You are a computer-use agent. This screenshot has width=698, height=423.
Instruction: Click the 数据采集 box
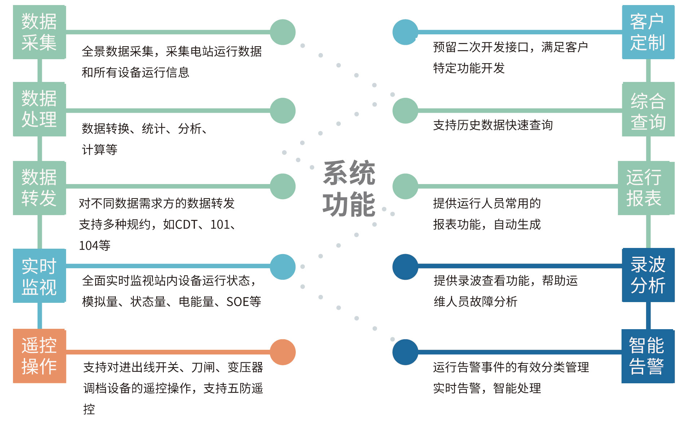(x=39, y=32)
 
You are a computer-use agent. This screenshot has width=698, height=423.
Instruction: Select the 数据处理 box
(x=39, y=109)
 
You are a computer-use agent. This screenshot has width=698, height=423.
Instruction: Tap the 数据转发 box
(x=39, y=188)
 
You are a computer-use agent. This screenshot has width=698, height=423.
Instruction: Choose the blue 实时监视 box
(x=39, y=276)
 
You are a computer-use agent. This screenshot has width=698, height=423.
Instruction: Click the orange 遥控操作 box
(x=39, y=356)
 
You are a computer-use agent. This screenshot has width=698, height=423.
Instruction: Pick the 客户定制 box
(x=648, y=32)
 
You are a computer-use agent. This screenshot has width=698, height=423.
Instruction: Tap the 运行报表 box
(x=644, y=188)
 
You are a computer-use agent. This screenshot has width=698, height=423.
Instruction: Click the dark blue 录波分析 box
(x=648, y=275)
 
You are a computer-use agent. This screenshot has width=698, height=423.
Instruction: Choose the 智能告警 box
(x=647, y=356)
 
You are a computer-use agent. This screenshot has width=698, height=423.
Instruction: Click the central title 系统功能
(x=349, y=188)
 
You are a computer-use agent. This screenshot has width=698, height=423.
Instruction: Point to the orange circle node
(x=283, y=352)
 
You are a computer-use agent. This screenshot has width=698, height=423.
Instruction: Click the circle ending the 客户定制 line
(x=405, y=32)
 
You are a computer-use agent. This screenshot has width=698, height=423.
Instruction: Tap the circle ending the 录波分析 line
(x=405, y=267)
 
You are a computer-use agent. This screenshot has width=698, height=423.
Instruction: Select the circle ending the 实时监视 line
(x=283, y=267)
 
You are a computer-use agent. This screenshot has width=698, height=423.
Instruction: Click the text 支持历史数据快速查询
(x=493, y=125)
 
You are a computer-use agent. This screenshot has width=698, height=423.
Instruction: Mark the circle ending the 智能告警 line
(x=405, y=352)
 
